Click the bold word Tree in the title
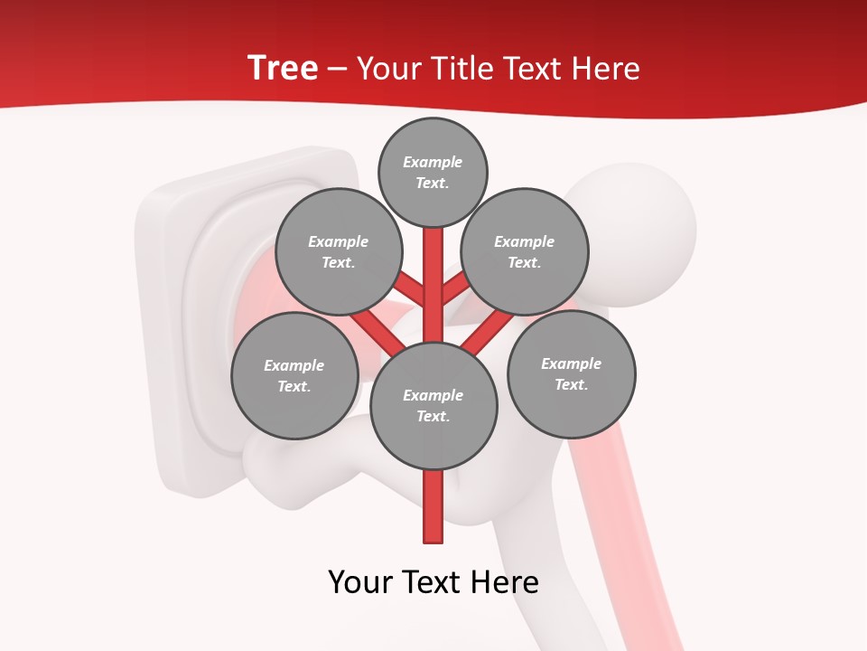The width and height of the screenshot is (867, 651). [283, 68]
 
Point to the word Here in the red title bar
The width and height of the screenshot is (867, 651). [604, 69]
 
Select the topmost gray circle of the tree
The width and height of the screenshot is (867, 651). [433, 172]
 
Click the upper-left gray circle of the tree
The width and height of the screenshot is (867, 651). [338, 251]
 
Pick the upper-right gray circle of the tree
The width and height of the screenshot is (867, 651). [525, 251]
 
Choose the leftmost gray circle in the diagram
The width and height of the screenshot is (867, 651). [294, 375]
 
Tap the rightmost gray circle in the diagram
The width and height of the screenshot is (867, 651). [571, 373]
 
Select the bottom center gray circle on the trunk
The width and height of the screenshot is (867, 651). [433, 405]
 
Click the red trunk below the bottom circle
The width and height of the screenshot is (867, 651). [433, 506]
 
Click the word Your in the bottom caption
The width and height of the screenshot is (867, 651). [361, 582]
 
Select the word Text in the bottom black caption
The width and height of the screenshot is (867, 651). [435, 582]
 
